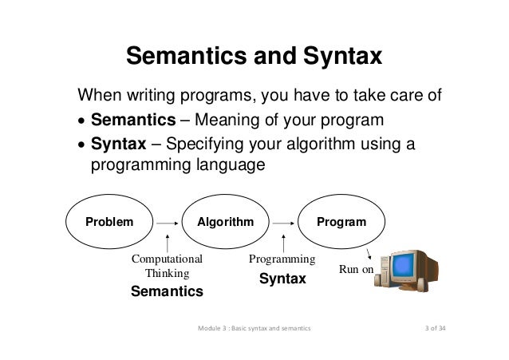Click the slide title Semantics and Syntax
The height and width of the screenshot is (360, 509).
[x=254, y=58]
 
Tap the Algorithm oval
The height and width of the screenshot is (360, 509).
[x=226, y=221]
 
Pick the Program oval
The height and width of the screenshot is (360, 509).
[x=341, y=221]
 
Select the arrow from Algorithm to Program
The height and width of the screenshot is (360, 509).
[x=283, y=225]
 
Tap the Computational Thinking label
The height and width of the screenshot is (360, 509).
[x=167, y=267]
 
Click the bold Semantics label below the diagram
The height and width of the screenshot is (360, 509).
[x=167, y=292]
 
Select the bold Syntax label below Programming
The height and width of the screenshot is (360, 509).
[x=282, y=279]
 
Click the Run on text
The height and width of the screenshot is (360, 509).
[x=356, y=271]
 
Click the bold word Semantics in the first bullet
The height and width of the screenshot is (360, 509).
[x=133, y=121]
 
